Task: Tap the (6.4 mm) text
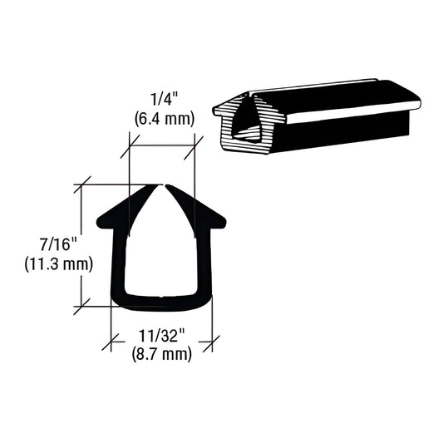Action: tap(164, 118)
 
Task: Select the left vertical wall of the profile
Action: tap(117, 262)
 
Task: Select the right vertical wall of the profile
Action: tap(205, 262)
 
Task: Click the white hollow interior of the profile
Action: tap(161, 249)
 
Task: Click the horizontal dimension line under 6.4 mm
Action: tap(163, 146)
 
